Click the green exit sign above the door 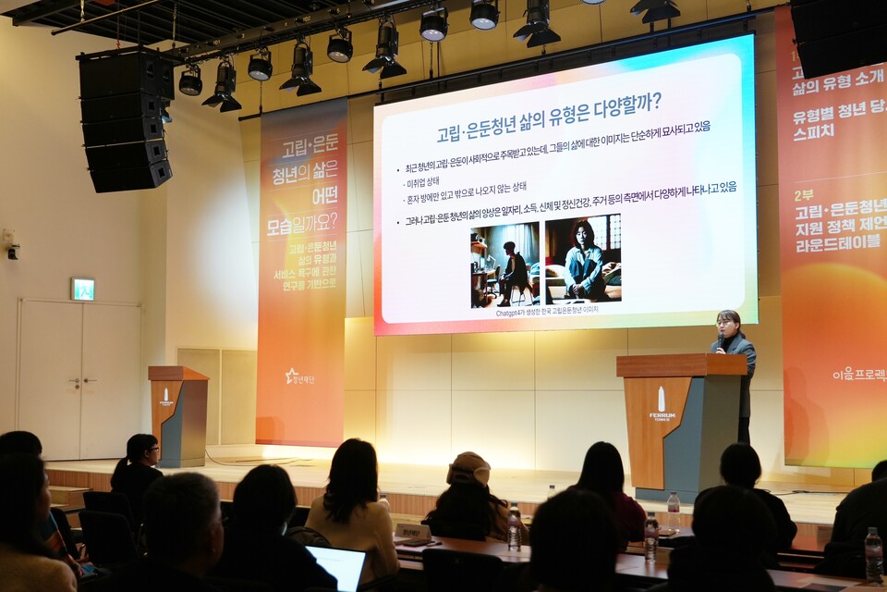pyautogui.click(x=82, y=289)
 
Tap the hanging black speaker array pyautogui.click(x=126, y=120)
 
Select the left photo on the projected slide pyautogui.click(x=504, y=265)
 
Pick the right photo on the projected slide pyautogui.click(x=583, y=259)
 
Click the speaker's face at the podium pyautogui.click(x=727, y=323)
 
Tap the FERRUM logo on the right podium pyautogui.click(x=662, y=404)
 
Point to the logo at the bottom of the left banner pyautogui.click(x=299, y=376)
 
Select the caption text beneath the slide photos pyautogui.click(x=547, y=310)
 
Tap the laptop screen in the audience pyautogui.click(x=337, y=565)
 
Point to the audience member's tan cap pyautogui.click(x=468, y=468)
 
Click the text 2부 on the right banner pyautogui.click(x=804, y=194)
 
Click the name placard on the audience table pyautogui.click(x=412, y=532)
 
